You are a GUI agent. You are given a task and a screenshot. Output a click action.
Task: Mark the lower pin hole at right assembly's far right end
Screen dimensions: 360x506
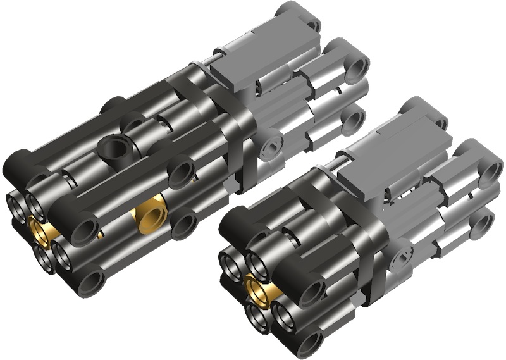coord(483,224)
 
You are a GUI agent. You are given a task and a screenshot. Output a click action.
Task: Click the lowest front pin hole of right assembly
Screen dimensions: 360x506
coord(309,342)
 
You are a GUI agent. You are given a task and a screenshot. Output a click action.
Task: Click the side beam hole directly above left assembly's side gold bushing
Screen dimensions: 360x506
coord(181,171)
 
